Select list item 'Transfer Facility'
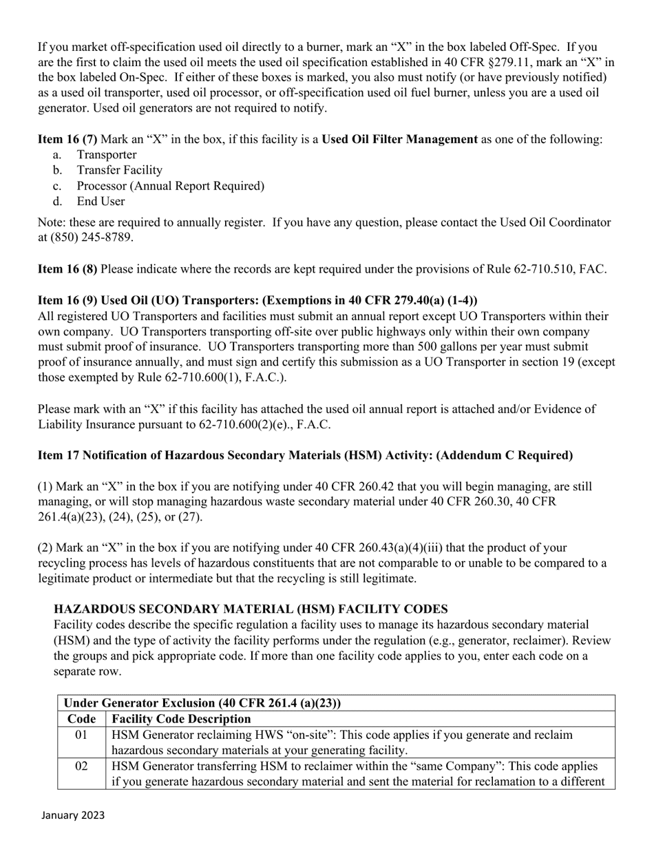point(119,170)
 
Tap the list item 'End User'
point(101,201)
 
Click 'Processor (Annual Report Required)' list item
point(170,186)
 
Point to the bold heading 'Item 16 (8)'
point(67,269)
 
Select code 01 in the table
point(81,735)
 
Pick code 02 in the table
point(81,766)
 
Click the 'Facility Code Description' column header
point(181,719)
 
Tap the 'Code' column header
point(81,719)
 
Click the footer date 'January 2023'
point(73,815)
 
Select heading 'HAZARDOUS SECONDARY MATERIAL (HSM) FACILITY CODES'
point(251,609)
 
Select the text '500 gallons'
point(456,347)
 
